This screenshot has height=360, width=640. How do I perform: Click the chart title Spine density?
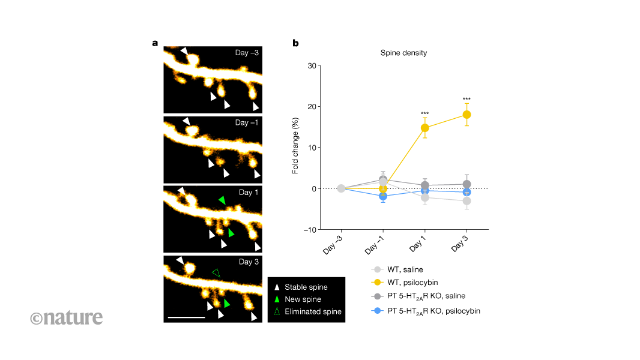[x=403, y=53]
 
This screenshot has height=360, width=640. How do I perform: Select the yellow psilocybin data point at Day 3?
[x=466, y=115]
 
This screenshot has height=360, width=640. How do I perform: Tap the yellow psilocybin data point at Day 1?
[x=424, y=128]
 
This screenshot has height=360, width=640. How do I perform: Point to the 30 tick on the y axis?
[x=311, y=65]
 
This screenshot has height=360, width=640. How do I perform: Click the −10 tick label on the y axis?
[x=309, y=230]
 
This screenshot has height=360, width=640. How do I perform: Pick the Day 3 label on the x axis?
[x=460, y=246]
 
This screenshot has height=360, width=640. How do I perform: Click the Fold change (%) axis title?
[x=295, y=147]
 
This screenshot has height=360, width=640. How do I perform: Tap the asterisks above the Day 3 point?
[x=466, y=100]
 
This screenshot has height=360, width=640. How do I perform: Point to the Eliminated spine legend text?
[x=313, y=311]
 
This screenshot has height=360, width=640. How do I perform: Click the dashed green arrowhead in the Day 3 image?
[x=216, y=273]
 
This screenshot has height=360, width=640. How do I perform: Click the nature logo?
[x=67, y=317]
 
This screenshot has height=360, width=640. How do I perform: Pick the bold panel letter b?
[x=295, y=43]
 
